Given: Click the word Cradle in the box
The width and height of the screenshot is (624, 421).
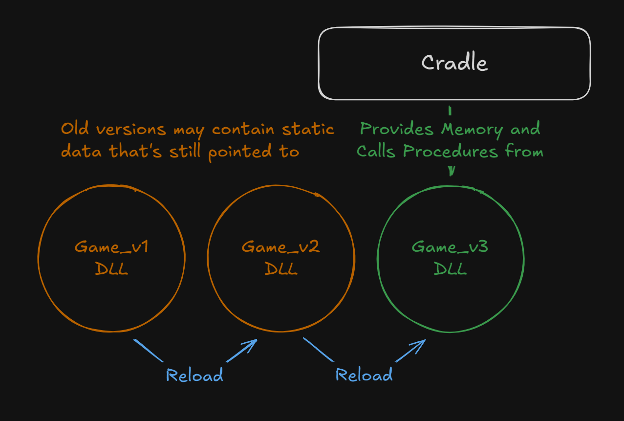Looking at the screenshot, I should (454, 63).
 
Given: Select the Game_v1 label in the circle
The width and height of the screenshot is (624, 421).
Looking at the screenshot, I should (111, 247).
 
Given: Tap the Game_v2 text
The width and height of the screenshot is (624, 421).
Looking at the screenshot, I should (281, 247).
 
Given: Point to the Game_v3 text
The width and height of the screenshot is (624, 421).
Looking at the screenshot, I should (450, 247).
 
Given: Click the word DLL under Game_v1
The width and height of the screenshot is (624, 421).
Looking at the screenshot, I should (111, 268).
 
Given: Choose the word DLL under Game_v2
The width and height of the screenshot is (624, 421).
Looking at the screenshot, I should (281, 268).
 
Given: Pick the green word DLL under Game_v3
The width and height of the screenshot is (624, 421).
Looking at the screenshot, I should (450, 268).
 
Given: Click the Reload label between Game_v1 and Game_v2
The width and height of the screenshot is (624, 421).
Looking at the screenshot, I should (194, 376).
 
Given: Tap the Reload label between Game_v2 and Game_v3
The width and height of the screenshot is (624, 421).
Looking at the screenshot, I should (364, 376).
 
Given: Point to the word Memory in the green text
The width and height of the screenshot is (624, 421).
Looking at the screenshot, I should (472, 130).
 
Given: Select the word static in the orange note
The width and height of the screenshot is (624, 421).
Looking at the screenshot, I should (308, 130).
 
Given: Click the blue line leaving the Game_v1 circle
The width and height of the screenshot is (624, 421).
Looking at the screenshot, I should (148, 350).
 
